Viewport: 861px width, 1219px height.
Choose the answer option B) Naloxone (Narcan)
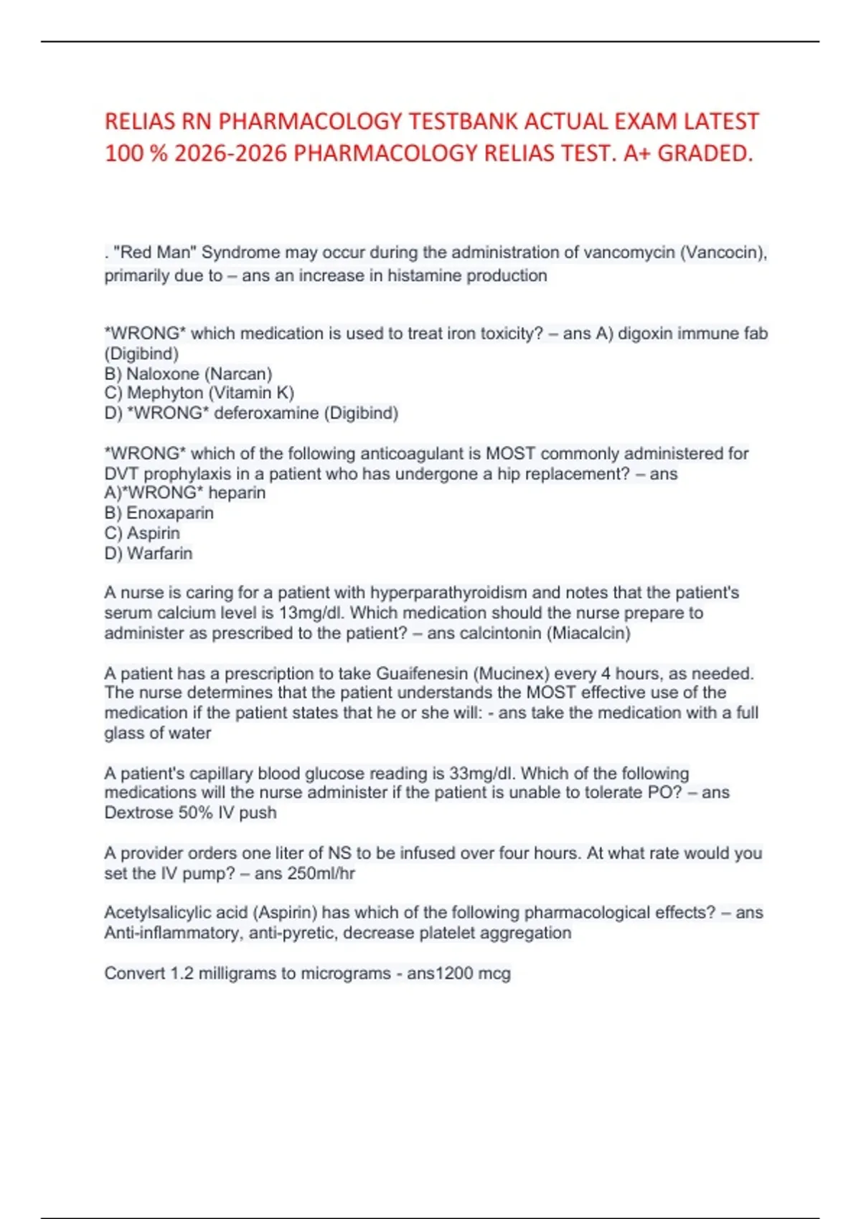[x=188, y=374]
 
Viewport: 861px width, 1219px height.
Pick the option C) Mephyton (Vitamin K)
[x=199, y=393]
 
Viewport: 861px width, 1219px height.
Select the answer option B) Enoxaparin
[x=159, y=513]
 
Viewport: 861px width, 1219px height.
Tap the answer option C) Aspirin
[x=142, y=533]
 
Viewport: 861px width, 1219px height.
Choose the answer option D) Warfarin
[x=148, y=553]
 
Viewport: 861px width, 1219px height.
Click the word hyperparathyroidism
[x=448, y=593]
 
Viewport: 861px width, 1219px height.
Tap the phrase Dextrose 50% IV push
[x=190, y=812]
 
